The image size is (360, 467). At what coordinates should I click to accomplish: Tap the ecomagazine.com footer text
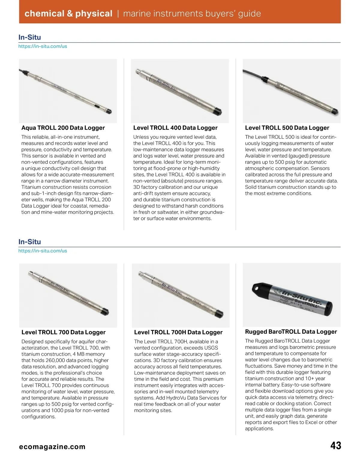[x=52, y=447]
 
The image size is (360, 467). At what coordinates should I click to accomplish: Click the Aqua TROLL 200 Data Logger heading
[x=63, y=128]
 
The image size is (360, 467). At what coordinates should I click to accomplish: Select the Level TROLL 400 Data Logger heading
[x=175, y=128]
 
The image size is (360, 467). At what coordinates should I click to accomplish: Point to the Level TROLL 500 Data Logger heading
[x=287, y=128]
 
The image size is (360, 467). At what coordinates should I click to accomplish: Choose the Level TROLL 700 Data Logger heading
[x=63, y=332]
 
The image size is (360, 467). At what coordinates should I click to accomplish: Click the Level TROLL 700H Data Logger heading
[x=178, y=332]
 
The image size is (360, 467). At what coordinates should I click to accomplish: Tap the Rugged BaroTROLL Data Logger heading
[x=291, y=332]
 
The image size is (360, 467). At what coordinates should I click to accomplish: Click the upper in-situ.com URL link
[x=43, y=46]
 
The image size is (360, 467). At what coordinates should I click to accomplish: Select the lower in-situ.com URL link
[x=43, y=251]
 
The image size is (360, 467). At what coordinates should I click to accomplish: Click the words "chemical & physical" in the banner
[x=68, y=13]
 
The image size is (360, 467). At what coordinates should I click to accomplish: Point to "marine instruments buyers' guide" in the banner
[x=192, y=13]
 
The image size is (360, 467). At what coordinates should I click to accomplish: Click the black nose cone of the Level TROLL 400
[x=219, y=112]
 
